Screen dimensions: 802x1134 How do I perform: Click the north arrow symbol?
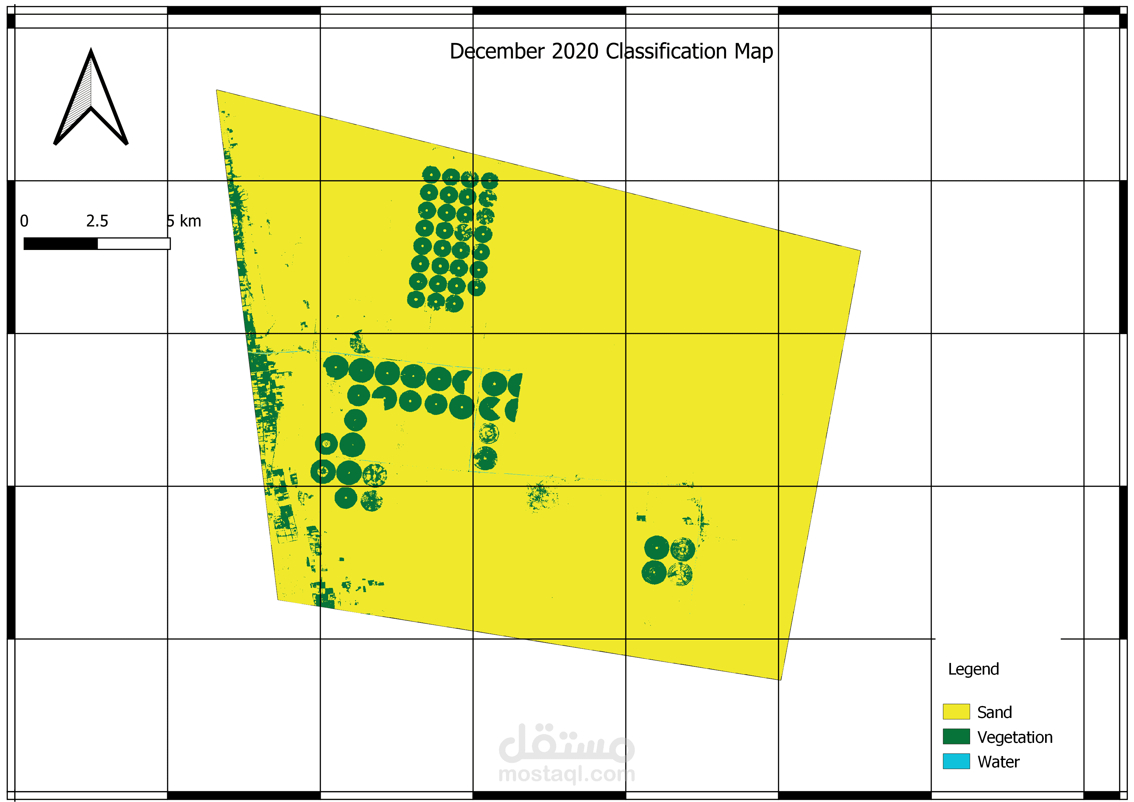91,99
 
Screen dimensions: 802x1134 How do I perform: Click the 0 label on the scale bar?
24,221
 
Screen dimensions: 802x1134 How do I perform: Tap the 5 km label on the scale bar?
184,221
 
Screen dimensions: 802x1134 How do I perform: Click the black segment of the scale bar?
60,244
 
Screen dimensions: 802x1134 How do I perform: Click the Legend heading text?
973,669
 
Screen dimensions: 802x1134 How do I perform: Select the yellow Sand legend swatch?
956,712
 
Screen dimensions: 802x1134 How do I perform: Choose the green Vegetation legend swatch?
956,736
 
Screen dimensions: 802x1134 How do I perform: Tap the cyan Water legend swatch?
956,761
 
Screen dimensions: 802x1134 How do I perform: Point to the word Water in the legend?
998,762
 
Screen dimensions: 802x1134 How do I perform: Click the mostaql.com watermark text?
567,774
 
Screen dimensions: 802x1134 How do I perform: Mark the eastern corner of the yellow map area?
859,251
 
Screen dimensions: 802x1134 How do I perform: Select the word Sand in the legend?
994,712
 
